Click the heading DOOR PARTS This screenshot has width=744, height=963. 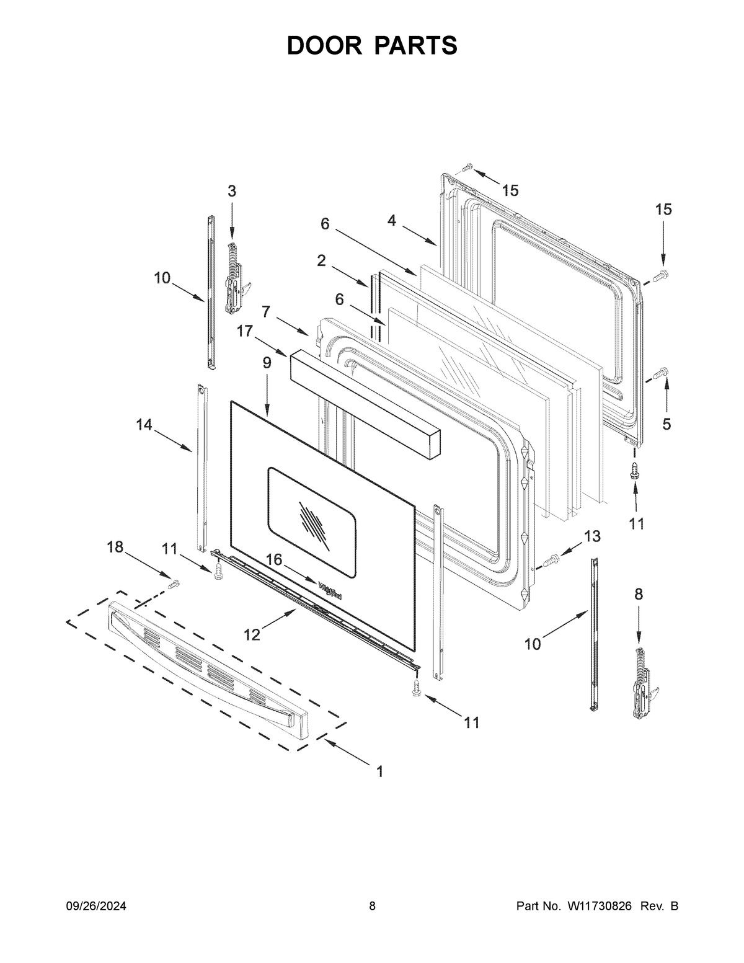click(x=372, y=45)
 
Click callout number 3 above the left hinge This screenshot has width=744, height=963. click(x=232, y=191)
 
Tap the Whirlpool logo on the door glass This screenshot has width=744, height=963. click(x=330, y=592)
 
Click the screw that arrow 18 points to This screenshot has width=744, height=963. click(x=173, y=585)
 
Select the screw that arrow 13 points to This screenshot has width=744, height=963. click(x=549, y=561)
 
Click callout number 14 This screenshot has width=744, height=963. click(x=144, y=425)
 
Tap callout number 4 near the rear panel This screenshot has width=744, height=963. click(x=391, y=220)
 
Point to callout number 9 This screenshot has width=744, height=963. click(x=267, y=363)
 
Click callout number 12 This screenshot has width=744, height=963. click(x=252, y=635)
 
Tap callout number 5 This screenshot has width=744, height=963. click(x=666, y=424)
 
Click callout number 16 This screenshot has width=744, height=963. click(x=274, y=560)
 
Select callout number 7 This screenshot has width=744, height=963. click(x=265, y=312)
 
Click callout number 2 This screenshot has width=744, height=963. click(x=321, y=260)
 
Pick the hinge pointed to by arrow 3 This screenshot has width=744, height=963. click(x=236, y=278)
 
